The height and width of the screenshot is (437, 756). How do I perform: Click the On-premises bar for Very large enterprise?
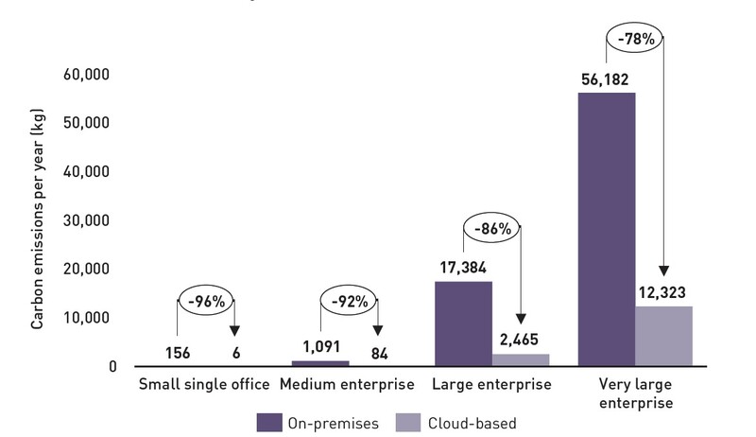click(x=607, y=229)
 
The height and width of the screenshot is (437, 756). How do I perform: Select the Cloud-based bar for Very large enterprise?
click(x=664, y=336)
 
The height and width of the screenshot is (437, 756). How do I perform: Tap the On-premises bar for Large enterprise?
click(x=463, y=323)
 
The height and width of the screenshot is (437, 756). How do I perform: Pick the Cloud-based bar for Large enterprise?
click(x=521, y=359)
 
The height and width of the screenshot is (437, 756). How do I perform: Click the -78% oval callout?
click(x=634, y=42)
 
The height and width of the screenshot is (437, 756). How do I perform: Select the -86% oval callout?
click(x=490, y=228)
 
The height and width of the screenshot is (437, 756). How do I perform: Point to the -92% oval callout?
click(x=349, y=304)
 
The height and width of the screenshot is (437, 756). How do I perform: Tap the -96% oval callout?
click(x=205, y=304)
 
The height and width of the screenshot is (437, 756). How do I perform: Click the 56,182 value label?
click(x=606, y=79)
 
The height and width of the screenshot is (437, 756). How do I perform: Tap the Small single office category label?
click(x=205, y=385)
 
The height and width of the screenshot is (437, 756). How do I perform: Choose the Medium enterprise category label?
click(x=349, y=385)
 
